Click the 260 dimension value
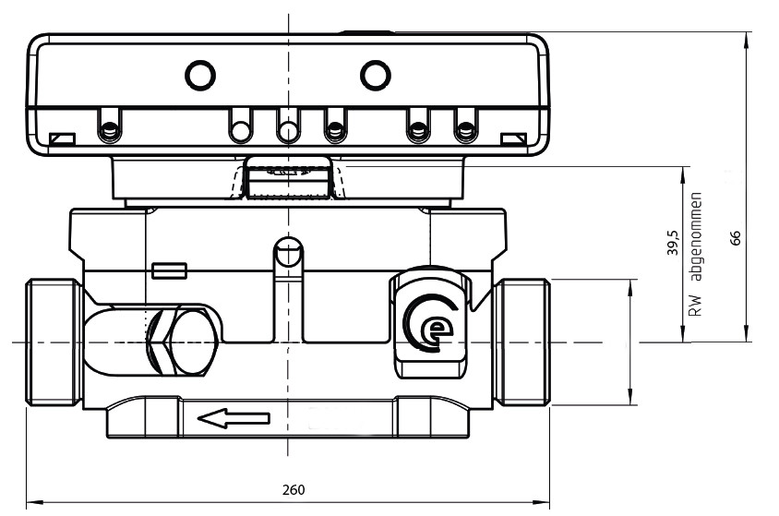[x=294, y=489]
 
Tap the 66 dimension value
[x=736, y=237]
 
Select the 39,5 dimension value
[x=672, y=243]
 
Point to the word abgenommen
[x=697, y=236]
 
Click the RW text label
[x=697, y=306]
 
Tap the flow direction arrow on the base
[x=234, y=418]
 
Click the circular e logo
[x=430, y=323]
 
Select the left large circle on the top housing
[x=200, y=76]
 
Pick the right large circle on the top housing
[x=375, y=76]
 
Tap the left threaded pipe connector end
[x=54, y=342]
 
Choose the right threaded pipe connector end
[x=521, y=342]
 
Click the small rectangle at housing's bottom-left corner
[x=62, y=138]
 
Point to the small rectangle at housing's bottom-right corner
[x=514, y=138]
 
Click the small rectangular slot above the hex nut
[x=169, y=270]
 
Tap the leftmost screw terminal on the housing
[x=110, y=126]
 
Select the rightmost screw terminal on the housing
[x=465, y=126]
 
